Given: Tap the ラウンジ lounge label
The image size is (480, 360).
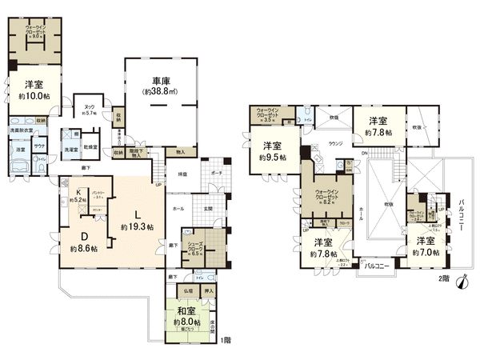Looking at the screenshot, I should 335,145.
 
